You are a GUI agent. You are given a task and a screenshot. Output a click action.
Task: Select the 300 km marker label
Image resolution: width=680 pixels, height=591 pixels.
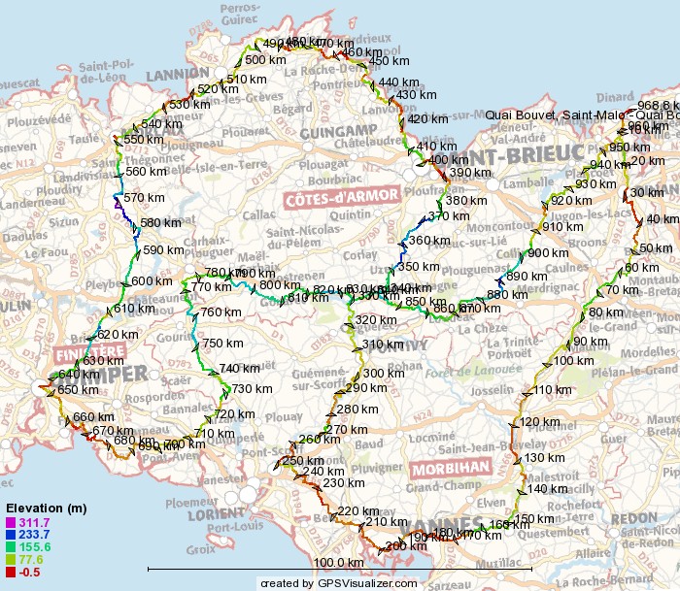coord(383,374)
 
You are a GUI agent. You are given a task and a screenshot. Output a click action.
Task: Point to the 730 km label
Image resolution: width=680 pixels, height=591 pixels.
coord(252,388)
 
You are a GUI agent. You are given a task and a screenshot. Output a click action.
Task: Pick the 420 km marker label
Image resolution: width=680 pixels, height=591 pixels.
coord(427,119)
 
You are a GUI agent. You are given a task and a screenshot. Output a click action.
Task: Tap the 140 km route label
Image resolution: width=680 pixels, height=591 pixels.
coord(546,489)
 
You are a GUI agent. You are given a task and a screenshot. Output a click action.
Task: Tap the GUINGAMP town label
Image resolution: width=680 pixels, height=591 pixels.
coord(338,131)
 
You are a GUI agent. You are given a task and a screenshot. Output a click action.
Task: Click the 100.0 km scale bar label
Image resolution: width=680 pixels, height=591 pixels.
coord(338,562)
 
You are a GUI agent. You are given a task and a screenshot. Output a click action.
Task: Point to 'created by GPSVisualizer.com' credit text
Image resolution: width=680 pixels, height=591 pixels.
coord(338,582)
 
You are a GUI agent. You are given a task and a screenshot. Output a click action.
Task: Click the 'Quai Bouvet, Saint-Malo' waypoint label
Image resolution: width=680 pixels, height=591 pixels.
coord(581,116)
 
